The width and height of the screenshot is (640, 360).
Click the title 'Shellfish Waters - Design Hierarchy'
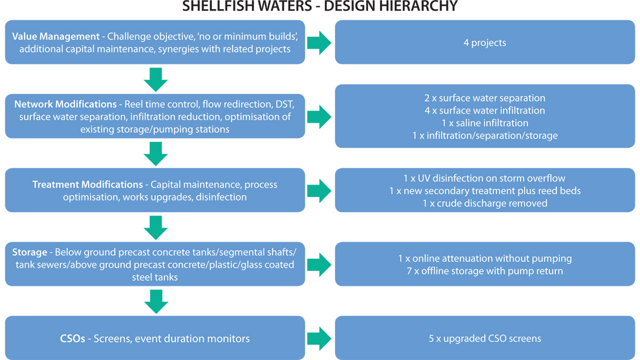(x=320, y=7)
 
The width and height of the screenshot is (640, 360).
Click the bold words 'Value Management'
(x=55, y=37)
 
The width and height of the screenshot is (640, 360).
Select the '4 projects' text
(x=485, y=42)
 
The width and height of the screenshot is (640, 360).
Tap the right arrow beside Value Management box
(x=319, y=42)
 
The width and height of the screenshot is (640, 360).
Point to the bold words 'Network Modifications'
(x=65, y=104)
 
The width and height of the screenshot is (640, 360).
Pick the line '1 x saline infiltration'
(x=485, y=123)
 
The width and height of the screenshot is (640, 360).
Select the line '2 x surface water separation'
(x=485, y=98)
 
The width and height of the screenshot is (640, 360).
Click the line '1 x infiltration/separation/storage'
(x=485, y=135)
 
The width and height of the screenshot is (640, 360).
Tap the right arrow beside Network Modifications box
(x=319, y=116)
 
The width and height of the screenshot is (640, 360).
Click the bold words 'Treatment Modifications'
(x=87, y=185)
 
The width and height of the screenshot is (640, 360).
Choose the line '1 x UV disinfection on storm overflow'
(x=485, y=178)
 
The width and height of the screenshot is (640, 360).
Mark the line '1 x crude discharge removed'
(x=485, y=203)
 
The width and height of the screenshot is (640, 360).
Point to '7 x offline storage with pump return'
(x=485, y=270)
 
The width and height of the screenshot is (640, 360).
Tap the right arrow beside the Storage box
(x=319, y=264)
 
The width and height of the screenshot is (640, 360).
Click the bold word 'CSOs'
(x=73, y=338)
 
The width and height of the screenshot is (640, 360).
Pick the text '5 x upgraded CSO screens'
(x=485, y=338)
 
